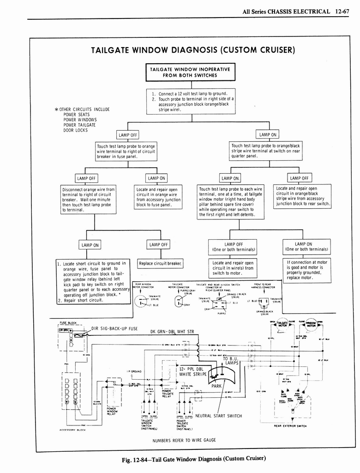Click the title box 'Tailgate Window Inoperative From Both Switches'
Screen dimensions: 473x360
point(191,72)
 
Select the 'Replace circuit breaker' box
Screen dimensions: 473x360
point(161,264)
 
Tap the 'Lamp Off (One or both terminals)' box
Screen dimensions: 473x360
point(234,247)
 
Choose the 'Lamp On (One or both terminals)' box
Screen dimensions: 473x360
point(306,247)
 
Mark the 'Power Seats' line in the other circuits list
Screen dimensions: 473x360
point(77,115)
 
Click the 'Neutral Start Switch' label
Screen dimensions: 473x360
point(218,416)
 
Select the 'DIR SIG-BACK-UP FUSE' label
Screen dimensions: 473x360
point(114,328)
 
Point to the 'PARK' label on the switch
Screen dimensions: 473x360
point(217,385)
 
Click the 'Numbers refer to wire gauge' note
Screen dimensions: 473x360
point(184,440)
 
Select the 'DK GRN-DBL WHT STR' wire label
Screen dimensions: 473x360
point(172,332)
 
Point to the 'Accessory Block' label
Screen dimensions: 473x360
point(71,430)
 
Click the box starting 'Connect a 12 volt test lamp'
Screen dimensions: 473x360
point(191,101)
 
